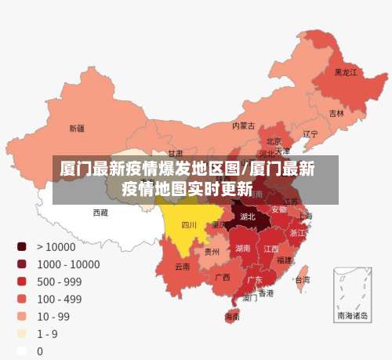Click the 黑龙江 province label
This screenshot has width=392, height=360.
(x=346, y=72)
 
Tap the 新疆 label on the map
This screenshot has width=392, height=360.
(x=77, y=128)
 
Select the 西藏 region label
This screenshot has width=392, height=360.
(x=100, y=212)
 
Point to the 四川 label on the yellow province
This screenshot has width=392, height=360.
(x=189, y=224)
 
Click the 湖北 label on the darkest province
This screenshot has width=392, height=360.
(x=248, y=216)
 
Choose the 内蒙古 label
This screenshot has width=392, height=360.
(x=243, y=125)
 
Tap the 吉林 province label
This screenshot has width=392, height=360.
(x=336, y=113)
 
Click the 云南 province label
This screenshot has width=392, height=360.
(x=182, y=267)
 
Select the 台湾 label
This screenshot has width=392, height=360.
(x=302, y=278)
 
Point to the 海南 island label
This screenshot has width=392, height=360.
(x=233, y=317)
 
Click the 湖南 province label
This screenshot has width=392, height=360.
(x=242, y=248)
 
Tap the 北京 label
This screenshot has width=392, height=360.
(x=274, y=141)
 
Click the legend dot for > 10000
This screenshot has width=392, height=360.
(x=22, y=246)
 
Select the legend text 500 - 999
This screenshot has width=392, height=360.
(x=59, y=282)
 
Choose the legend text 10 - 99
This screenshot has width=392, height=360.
(x=53, y=316)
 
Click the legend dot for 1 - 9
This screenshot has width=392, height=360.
(x=22, y=334)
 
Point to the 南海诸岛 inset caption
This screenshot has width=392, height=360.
(x=351, y=316)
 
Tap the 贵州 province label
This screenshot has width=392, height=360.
(x=212, y=252)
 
